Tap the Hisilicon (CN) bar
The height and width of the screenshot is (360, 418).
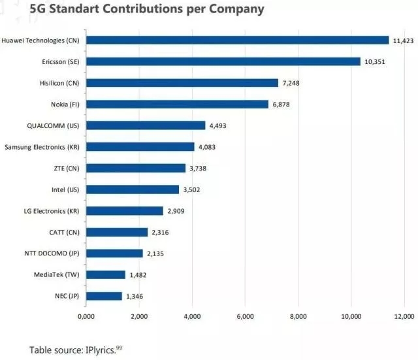[x=182, y=83]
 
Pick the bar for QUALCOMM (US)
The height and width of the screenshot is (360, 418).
[x=146, y=125]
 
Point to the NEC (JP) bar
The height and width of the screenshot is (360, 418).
[x=104, y=296]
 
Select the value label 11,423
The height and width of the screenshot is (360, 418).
[x=402, y=41]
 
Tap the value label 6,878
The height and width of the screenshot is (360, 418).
[x=281, y=105]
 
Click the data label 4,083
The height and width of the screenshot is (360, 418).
[x=207, y=147]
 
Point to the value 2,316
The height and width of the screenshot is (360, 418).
[x=160, y=232]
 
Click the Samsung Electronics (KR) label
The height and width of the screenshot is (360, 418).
[x=40, y=147]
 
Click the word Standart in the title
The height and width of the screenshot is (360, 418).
[x=79, y=10]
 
